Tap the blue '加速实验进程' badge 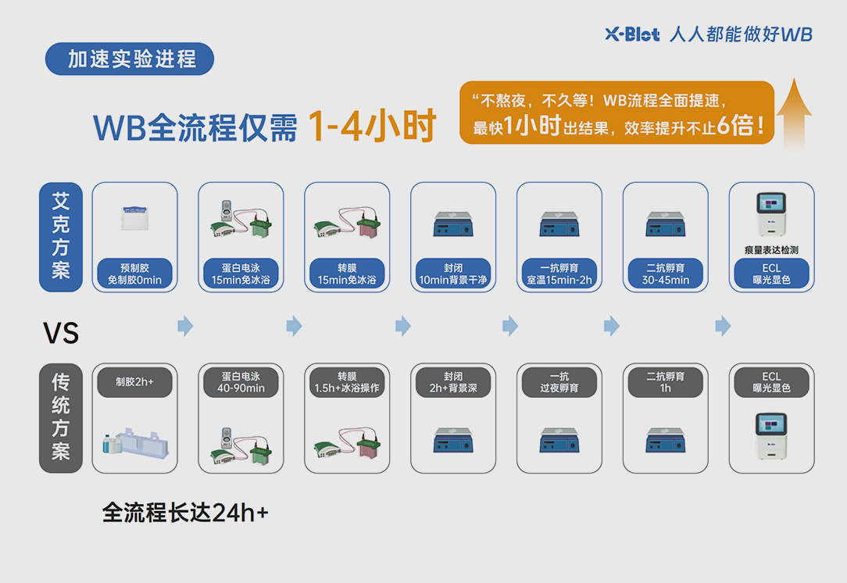click(130, 59)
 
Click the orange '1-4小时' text click(370, 127)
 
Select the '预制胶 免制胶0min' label click(134, 274)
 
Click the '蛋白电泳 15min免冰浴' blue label click(241, 274)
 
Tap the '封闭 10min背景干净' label click(453, 274)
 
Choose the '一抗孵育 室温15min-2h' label click(559, 274)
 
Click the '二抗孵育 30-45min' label click(665, 274)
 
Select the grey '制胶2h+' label click(134, 382)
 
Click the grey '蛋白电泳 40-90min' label click(241, 382)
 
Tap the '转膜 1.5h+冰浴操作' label click(347, 382)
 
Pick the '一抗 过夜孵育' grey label click(559, 382)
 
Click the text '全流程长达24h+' click(185, 513)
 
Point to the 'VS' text click(61, 334)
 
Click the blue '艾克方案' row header click(61, 237)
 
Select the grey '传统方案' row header click(61, 417)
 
